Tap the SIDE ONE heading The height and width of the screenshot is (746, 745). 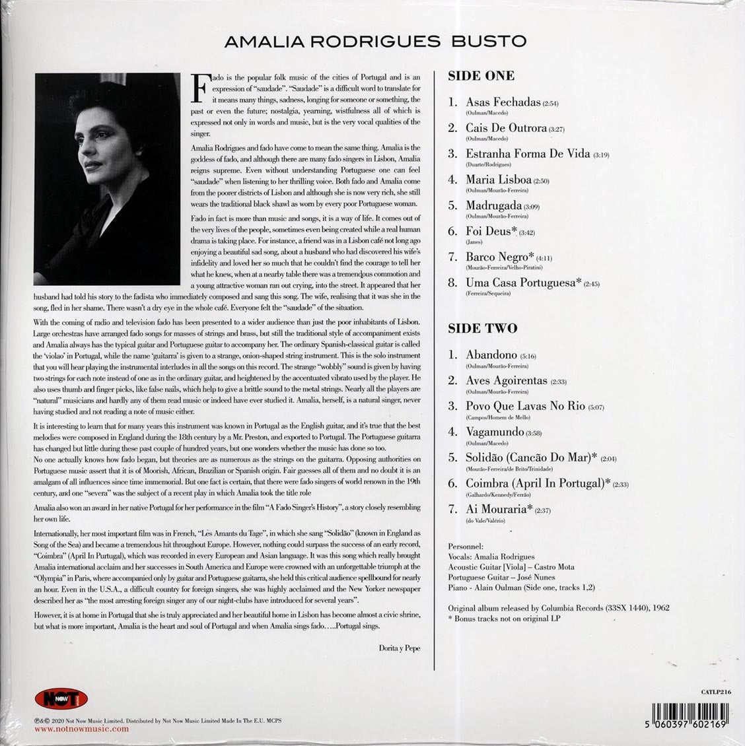(x=481, y=76)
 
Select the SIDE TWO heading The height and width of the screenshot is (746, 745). (x=482, y=328)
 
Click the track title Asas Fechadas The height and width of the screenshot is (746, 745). (x=503, y=102)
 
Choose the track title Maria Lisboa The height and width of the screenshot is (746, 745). (x=499, y=180)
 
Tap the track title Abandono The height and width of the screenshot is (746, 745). (x=491, y=355)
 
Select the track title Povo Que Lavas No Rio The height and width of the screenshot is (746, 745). (x=525, y=405)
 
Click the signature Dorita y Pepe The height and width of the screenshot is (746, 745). (x=396, y=648)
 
